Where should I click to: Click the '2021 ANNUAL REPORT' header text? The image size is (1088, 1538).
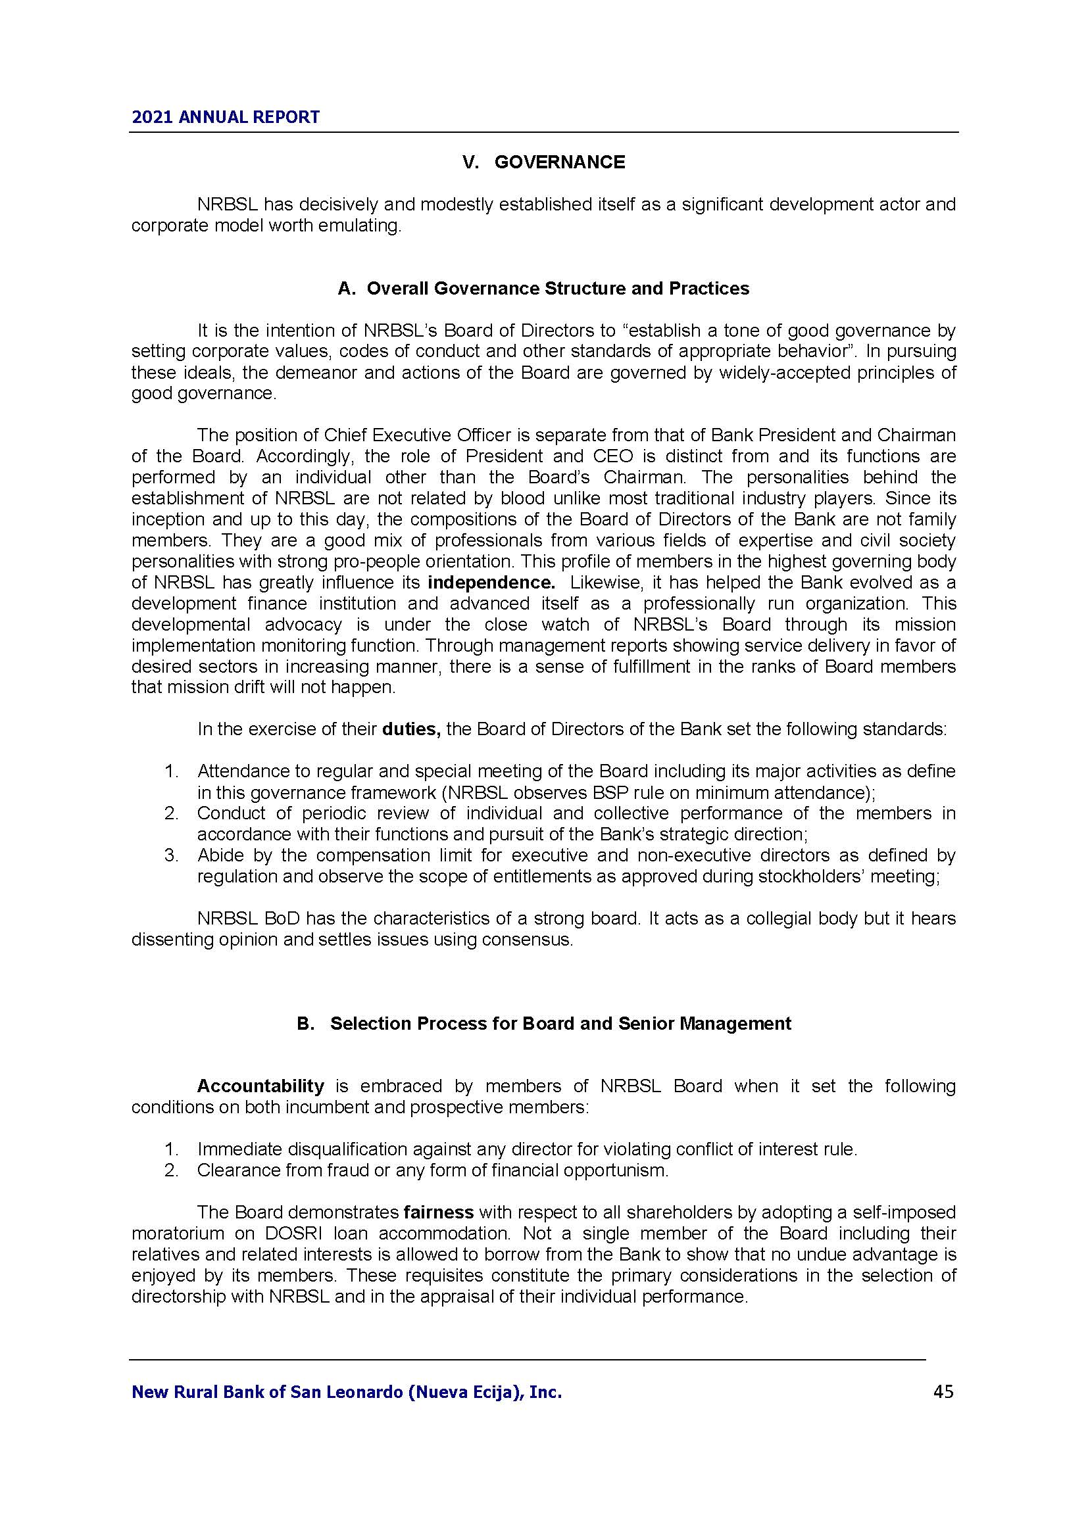tap(225, 118)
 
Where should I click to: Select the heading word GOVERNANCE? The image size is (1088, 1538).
tap(559, 163)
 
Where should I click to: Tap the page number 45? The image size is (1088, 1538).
tap(943, 1392)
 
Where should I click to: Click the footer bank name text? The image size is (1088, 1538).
tap(347, 1393)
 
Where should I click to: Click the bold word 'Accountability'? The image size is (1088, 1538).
tap(260, 1086)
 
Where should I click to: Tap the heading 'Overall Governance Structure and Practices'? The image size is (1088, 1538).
tap(557, 289)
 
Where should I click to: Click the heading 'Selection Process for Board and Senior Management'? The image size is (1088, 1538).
tap(560, 1024)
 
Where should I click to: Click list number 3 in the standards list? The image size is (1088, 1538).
tap(171, 855)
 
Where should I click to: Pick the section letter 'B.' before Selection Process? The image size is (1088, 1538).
tap(305, 1024)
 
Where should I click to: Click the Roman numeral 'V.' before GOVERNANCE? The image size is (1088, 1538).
tap(472, 163)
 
